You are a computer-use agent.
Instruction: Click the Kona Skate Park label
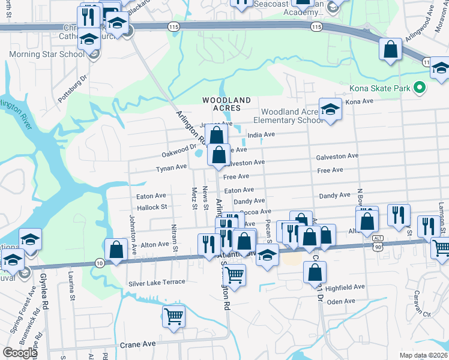tap(381, 89)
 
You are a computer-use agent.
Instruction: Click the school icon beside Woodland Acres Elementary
tap(330, 109)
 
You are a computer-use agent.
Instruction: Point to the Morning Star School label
tap(46, 55)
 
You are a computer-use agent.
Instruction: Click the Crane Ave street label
tap(138, 344)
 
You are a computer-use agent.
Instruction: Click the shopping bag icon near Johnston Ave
tap(115, 250)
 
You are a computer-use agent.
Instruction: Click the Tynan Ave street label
tap(172, 168)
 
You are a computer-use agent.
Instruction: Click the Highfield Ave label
tap(346, 287)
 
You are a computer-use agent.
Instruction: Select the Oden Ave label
tap(342, 302)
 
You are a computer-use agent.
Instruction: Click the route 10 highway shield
tap(100, 263)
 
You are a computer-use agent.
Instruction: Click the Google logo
tap(20, 353)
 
